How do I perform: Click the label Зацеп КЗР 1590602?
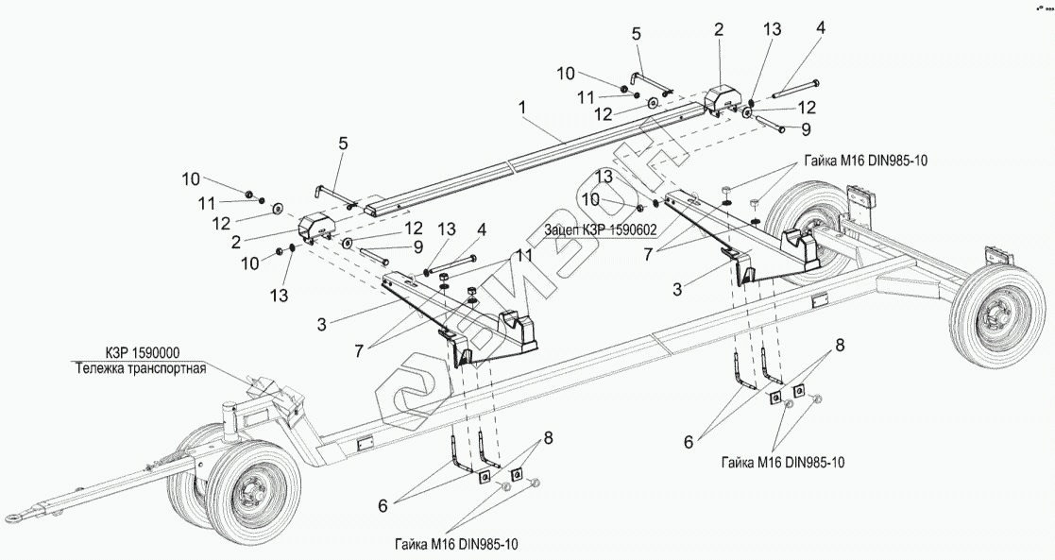point(601,229)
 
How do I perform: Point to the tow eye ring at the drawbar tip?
point(15,517)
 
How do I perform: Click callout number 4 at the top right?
point(820,27)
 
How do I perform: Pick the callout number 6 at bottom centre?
point(383,506)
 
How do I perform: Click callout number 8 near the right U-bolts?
point(841,346)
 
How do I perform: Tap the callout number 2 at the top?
point(720,29)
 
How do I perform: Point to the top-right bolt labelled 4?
point(796,89)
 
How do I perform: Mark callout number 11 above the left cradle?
point(524,255)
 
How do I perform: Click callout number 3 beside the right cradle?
point(677,289)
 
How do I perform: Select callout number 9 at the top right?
point(805,127)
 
